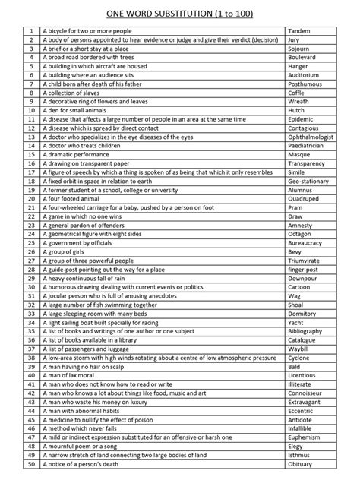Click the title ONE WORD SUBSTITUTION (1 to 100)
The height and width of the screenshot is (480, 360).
[180, 12]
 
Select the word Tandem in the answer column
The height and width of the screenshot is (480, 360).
[299, 30]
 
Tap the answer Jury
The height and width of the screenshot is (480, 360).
[293, 39]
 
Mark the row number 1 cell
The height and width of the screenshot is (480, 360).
[30, 30]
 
